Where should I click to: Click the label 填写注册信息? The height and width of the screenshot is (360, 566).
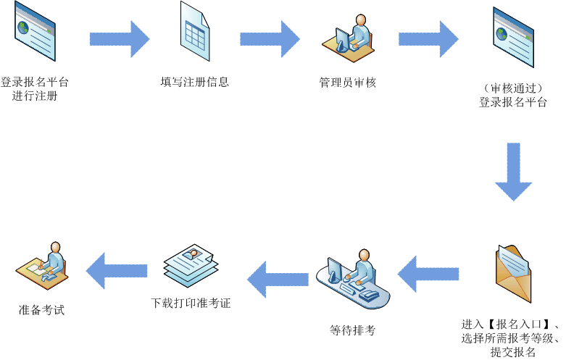(195, 82)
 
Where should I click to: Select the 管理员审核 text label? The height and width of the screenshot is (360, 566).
(348, 82)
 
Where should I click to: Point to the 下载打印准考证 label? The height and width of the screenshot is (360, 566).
(191, 304)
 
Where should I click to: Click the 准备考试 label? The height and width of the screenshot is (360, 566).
(41, 309)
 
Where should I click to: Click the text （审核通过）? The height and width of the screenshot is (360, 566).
(512, 88)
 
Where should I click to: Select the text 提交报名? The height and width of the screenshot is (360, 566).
(512, 352)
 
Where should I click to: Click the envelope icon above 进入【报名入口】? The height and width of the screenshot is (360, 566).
(514, 274)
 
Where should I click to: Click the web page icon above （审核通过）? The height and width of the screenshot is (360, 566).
(512, 35)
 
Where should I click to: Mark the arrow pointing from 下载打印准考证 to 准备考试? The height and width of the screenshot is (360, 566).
(116, 271)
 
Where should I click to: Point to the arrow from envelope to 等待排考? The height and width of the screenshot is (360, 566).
(428, 273)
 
